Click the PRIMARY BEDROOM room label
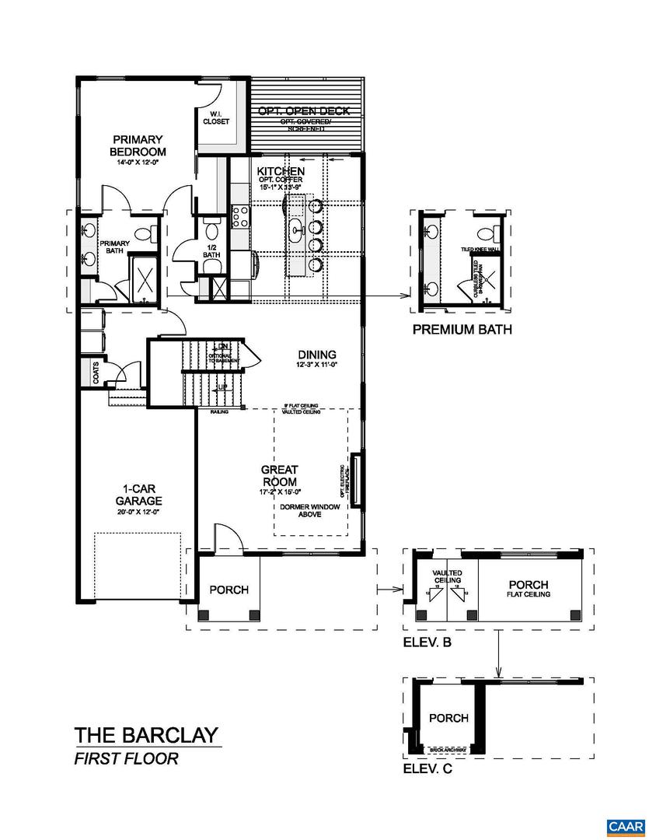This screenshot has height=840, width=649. pyautogui.click(x=138, y=145)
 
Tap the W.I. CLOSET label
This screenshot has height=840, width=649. pyautogui.click(x=216, y=118)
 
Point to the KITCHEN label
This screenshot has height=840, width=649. pyautogui.click(x=281, y=170)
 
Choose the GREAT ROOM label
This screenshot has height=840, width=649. pyautogui.click(x=280, y=475)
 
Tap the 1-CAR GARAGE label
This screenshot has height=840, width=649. pyautogui.click(x=135, y=495)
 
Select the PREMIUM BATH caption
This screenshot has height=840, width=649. pyautogui.click(x=462, y=329)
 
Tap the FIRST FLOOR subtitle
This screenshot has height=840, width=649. pyautogui.click(x=126, y=759)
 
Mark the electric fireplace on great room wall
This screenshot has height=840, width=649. pyautogui.click(x=356, y=479)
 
